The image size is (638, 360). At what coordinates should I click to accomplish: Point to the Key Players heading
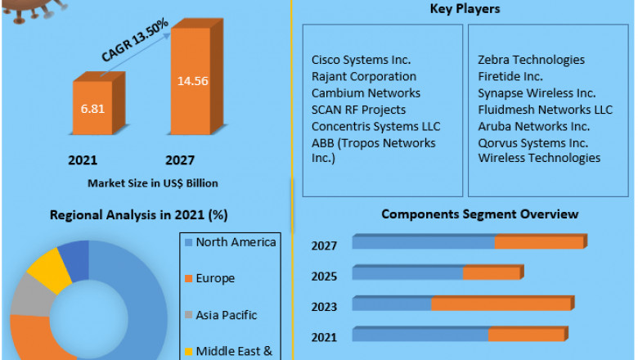[465, 9]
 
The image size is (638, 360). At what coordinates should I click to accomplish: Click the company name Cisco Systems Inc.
[361, 60]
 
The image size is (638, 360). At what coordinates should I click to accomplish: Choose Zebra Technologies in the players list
[531, 60]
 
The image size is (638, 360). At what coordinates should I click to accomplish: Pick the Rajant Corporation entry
[364, 77]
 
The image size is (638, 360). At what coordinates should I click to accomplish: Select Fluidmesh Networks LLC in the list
[545, 110]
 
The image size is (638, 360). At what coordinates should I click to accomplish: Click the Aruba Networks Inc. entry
[533, 126]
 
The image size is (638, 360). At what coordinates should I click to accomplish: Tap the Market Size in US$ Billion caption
[153, 182]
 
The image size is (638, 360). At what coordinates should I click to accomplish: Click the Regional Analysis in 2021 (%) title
[138, 215]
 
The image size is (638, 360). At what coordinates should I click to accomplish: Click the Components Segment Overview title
[480, 214]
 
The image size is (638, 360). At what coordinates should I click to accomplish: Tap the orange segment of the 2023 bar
[501, 304]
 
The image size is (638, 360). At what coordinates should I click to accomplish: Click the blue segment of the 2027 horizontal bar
[424, 242]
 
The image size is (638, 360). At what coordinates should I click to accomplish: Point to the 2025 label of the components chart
[325, 276]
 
